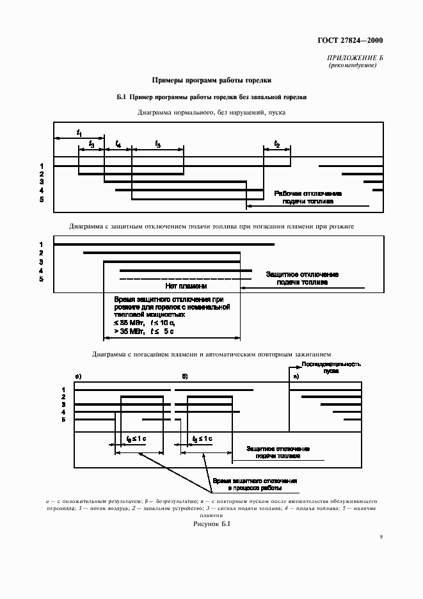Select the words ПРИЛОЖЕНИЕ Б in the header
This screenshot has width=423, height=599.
click(355, 59)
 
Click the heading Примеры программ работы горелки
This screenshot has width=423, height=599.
click(211, 81)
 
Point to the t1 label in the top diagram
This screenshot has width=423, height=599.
click(79, 132)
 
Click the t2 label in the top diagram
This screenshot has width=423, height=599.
click(276, 144)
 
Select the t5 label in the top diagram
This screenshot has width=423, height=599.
click(157, 145)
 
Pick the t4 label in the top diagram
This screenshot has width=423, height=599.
click(118, 145)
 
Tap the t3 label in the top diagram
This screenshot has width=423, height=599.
click(92, 145)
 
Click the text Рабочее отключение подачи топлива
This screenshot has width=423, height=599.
click(308, 196)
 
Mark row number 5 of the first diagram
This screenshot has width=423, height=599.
click(41, 199)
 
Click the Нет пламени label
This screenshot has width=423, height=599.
click(186, 287)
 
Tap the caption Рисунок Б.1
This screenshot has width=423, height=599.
click(211, 524)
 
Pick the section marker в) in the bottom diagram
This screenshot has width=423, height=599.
click(295, 376)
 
